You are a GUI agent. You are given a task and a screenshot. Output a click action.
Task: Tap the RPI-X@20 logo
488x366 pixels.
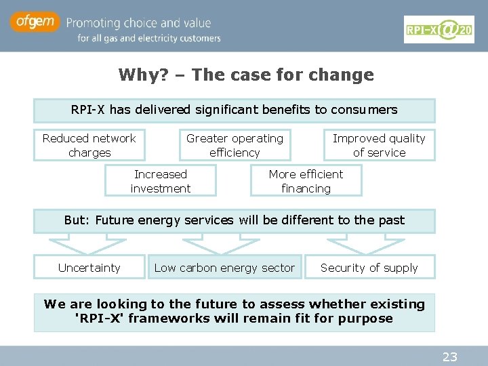tap(439, 29)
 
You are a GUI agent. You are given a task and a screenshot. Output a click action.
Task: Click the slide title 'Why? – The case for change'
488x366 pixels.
tap(246, 75)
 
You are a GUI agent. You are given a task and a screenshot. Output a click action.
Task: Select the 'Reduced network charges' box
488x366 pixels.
tap(89, 145)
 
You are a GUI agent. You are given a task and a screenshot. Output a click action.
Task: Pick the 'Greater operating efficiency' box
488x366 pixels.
tap(235, 145)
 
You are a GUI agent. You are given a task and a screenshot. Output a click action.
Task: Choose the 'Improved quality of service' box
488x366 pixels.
tap(379, 145)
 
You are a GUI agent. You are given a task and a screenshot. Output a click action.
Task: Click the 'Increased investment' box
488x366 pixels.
tap(161, 181)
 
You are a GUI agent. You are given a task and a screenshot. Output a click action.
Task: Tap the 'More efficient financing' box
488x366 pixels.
tap(306, 181)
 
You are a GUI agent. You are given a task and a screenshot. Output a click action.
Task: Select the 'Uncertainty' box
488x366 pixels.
tap(89, 268)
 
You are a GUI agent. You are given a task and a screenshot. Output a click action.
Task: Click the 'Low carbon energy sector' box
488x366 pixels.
tap(224, 268)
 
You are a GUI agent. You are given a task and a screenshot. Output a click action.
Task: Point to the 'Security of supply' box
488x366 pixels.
tap(369, 268)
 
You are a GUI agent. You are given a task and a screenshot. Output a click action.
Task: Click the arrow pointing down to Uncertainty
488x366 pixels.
tap(78, 243)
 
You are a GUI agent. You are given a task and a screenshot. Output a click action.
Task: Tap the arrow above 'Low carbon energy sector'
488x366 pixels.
tap(211, 243)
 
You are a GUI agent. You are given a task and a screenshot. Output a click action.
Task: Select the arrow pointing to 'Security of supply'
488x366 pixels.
tap(356, 243)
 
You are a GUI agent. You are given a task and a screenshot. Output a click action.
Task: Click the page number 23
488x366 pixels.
tap(449, 357)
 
